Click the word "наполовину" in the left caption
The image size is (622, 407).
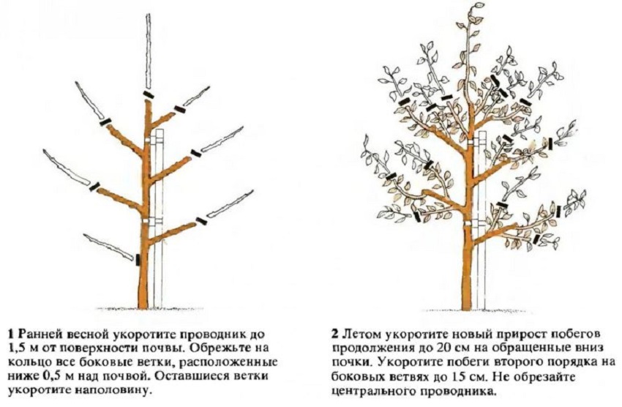[119, 390]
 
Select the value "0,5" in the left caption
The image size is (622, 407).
[50, 376]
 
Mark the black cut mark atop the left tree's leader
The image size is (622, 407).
[149, 94]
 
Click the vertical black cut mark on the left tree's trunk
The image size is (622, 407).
[138, 259]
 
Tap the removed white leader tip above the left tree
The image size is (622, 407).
[149, 51]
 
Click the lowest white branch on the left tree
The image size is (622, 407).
[108, 247]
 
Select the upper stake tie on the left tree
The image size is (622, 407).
[153, 141]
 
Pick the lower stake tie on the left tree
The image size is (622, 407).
[153, 220]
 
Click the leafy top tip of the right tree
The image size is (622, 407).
[478, 7]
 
